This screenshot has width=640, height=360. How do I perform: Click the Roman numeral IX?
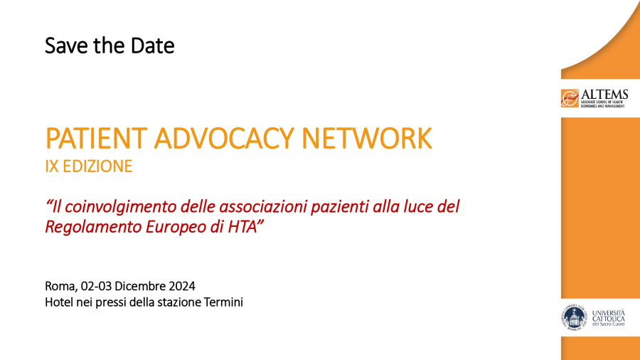coord(51,166)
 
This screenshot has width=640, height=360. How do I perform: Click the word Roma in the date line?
coord(58,286)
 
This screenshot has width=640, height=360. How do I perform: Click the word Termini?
coord(223,302)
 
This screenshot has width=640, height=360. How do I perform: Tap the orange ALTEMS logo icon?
coord(570,98)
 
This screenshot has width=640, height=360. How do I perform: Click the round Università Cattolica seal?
coord(572,317)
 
